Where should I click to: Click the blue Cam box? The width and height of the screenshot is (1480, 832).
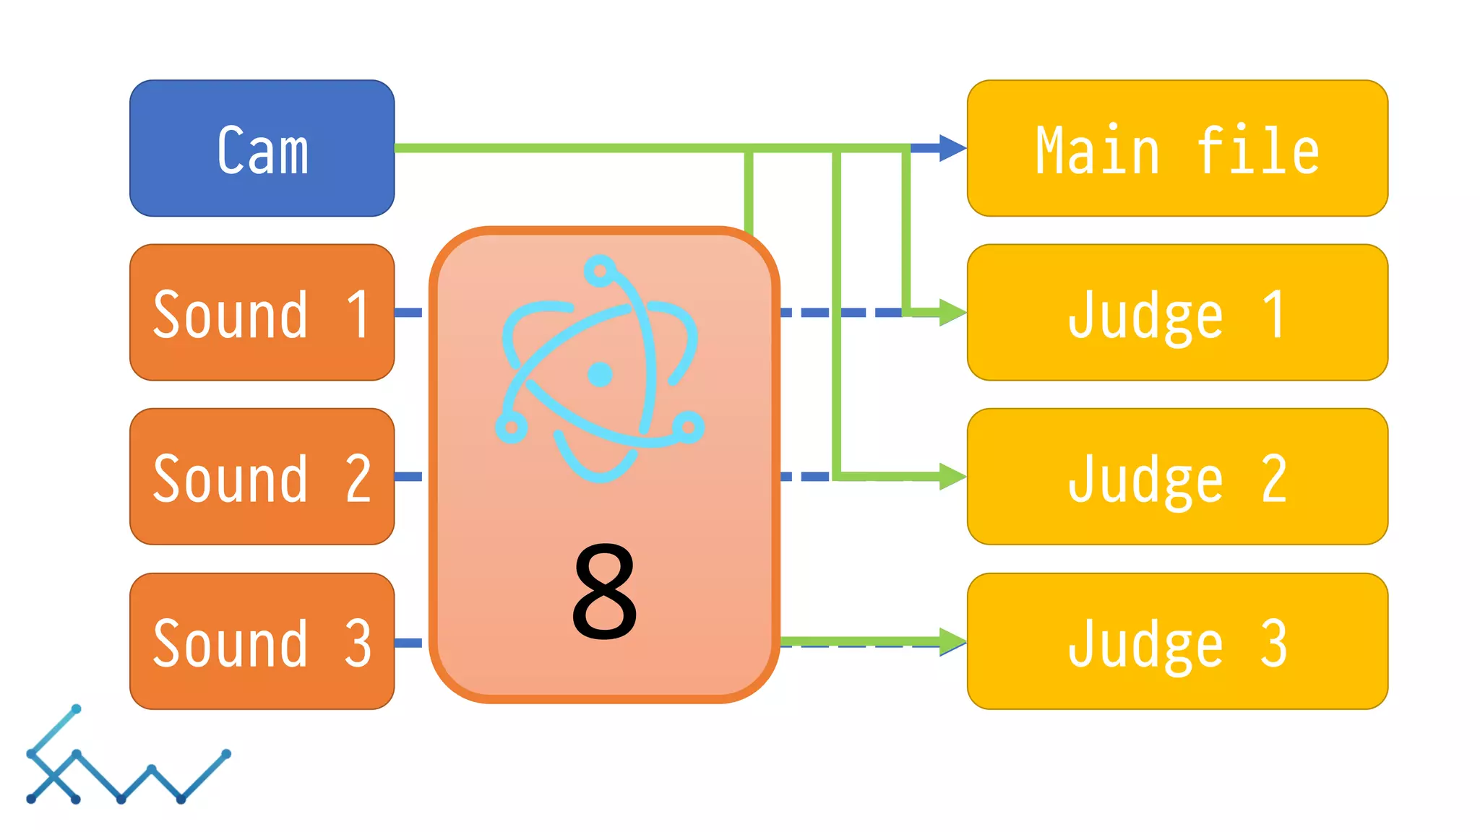click(262, 148)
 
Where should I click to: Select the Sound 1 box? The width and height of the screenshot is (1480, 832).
click(262, 312)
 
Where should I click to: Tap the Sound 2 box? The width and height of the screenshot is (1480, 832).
click(262, 477)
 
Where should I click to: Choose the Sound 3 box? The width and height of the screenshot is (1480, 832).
click(262, 641)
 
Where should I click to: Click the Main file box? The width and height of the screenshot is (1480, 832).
click(1177, 148)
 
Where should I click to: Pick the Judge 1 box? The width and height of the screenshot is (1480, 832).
click(1177, 312)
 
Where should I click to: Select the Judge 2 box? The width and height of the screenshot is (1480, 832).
click(1177, 477)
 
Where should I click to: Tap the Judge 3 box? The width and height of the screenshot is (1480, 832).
click(1177, 641)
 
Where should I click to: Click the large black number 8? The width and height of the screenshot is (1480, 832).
click(604, 591)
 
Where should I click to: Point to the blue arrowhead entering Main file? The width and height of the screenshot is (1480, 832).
click(952, 148)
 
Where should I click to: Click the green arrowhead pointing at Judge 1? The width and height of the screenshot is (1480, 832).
click(952, 312)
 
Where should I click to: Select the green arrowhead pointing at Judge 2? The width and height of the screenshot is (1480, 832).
click(952, 477)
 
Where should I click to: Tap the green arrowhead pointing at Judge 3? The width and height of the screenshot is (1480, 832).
click(952, 641)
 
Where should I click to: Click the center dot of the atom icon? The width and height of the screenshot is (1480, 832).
click(600, 374)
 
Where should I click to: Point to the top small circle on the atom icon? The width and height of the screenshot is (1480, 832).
click(599, 272)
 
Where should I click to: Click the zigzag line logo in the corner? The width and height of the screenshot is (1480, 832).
click(126, 758)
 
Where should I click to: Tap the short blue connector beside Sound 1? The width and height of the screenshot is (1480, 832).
click(409, 313)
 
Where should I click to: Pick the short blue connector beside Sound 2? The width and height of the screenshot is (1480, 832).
click(409, 477)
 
